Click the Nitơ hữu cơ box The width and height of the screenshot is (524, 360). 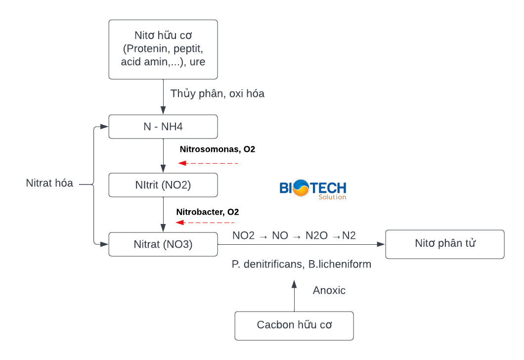pyautogui.click(x=163, y=49)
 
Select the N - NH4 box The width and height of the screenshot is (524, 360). pyautogui.click(x=163, y=127)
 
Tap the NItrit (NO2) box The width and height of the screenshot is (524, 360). pyautogui.click(x=163, y=185)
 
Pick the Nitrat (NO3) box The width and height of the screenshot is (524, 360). pyautogui.click(x=163, y=244)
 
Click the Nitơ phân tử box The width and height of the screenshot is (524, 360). pyautogui.click(x=445, y=244)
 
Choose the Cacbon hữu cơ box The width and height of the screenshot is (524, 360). pyautogui.click(x=294, y=325)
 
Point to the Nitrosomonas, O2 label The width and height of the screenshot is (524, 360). pyautogui.click(x=218, y=149)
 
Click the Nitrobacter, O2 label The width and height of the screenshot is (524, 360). pyautogui.click(x=208, y=212)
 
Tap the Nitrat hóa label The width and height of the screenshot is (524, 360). pyautogui.click(x=49, y=183)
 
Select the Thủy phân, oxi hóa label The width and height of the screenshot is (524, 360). pyautogui.click(x=218, y=93)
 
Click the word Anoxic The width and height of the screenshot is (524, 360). pyautogui.click(x=329, y=290)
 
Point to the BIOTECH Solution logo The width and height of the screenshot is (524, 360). pyautogui.click(x=313, y=189)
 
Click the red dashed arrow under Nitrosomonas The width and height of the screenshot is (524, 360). pyautogui.click(x=209, y=163)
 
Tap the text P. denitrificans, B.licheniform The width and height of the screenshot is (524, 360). pyautogui.click(x=302, y=265)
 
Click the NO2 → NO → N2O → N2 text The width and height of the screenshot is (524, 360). pyautogui.click(x=294, y=236)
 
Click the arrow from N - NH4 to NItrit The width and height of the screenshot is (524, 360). pyautogui.click(x=163, y=155)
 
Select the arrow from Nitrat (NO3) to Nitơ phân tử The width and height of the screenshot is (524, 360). pyautogui.click(x=302, y=244)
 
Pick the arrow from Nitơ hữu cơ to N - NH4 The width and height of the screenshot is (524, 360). pyautogui.click(x=163, y=97)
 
